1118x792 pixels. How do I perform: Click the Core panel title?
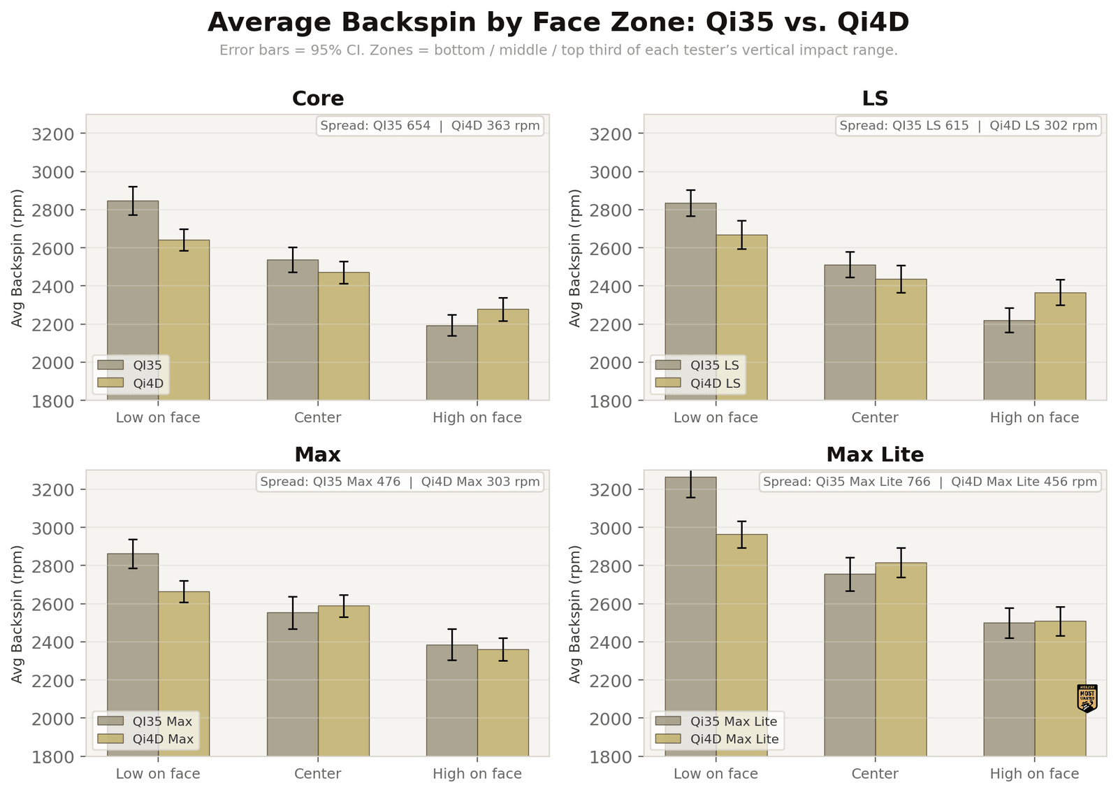click(317, 99)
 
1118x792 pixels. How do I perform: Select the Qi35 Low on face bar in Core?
click(133, 301)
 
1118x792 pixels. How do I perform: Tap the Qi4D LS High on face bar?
click(1060, 346)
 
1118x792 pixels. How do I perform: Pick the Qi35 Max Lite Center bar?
click(850, 664)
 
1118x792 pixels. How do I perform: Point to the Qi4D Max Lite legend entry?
click(734, 739)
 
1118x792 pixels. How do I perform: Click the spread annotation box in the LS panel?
click(968, 126)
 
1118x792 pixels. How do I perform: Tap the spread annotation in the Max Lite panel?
click(929, 482)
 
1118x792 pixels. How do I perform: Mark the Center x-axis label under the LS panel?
click(875, 418)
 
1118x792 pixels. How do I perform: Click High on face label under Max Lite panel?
click(1034, 774)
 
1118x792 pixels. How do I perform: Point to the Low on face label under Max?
click(158, 774)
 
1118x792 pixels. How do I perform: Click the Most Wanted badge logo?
click(1087, 698)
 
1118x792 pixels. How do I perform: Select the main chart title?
click(558, 22)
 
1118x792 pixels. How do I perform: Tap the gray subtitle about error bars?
click(558, 50)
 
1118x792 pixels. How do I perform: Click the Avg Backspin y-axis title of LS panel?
click(575, 257)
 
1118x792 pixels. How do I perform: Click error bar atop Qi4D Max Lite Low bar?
click(741, 534)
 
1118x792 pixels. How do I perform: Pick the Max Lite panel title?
click(875, 455)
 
